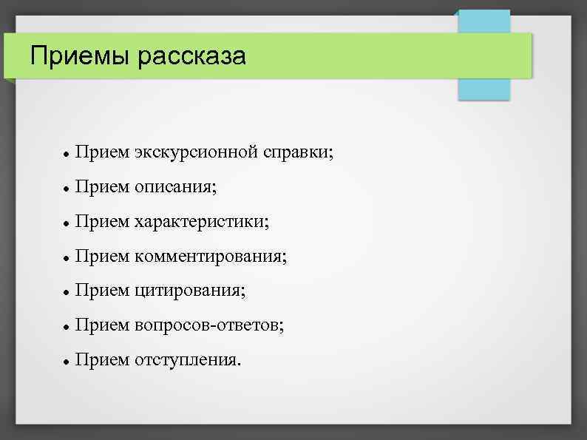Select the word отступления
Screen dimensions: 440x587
coord(188,359)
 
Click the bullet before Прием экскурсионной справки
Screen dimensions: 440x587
coord(67,155)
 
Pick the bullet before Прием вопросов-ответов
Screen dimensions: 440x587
coord(67,326)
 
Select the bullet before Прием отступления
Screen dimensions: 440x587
coord(67,361)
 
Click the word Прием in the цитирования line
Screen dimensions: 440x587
coord(102,291)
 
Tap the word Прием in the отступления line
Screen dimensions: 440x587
coord(102,359)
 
